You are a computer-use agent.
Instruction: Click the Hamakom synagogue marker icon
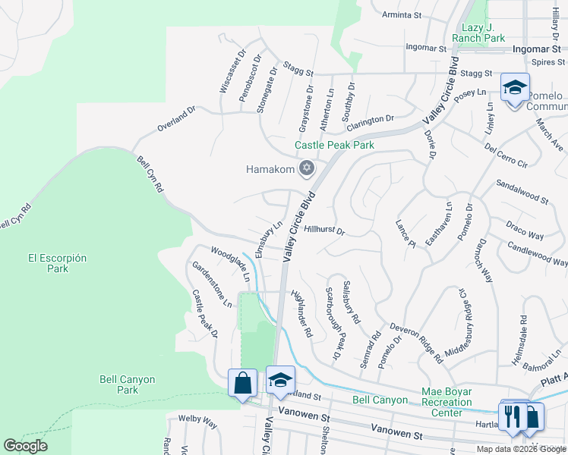click(307, 168)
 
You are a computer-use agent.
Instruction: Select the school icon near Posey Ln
click(514, 87)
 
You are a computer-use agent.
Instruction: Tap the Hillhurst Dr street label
click(324, 229)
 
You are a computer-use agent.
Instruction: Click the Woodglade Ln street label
click(230, 262)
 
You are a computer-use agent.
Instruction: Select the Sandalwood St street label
click(522, 192)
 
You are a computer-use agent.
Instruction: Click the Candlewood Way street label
click(537, 254)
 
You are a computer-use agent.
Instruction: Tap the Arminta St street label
click(402, 14)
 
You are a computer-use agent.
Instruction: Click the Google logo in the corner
click(25, 446)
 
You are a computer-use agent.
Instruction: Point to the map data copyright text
click(520, 449)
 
